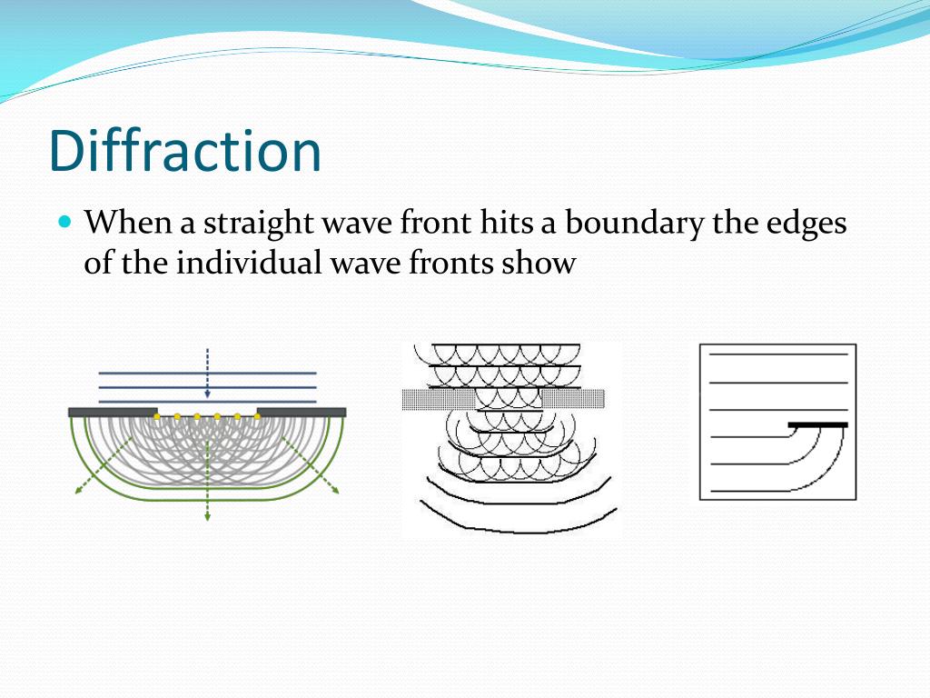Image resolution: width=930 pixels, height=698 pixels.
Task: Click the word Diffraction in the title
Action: [x=185, y=151]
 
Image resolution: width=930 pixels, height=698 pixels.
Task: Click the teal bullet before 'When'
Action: [x=64, y=221]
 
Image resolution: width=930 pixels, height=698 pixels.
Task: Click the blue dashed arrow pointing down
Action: [x=208, y=373]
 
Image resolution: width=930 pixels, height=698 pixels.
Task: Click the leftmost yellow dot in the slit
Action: [x=157, y=416]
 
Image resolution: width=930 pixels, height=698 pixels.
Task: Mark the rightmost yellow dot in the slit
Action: [x=258, y=416]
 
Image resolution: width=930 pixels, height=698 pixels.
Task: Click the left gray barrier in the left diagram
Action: [x=113, y=412]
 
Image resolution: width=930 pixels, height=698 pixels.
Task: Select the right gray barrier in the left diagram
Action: [x=302, y=412]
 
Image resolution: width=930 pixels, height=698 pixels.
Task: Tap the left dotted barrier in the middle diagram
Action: [x=439, y=398]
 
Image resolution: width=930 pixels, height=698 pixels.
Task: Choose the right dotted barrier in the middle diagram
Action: [x=573, y=398]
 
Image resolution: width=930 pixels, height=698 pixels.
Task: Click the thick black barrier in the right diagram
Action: [x=817, y=424]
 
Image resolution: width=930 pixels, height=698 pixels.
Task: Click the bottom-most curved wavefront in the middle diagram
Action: [x=518, y=525]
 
